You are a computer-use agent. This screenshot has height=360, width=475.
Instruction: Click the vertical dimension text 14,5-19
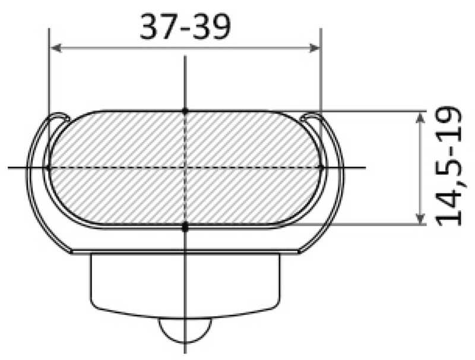point(449,167)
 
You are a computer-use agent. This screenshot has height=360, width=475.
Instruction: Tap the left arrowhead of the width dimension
point(55,47)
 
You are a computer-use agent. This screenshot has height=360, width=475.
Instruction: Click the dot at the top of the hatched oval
point(185,110)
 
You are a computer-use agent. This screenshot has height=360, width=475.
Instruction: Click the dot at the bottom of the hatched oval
point(185,226)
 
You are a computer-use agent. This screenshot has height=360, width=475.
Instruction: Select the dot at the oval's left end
point(49,168)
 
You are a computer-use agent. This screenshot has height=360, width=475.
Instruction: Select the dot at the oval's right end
point(321,168)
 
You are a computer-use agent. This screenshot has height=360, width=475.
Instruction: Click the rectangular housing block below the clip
point(185,279)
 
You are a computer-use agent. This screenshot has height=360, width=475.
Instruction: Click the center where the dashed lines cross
point(185,168)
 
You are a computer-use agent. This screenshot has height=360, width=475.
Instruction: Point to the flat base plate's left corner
point(72,252)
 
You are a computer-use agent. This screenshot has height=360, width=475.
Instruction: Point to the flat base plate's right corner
point(299,252)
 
